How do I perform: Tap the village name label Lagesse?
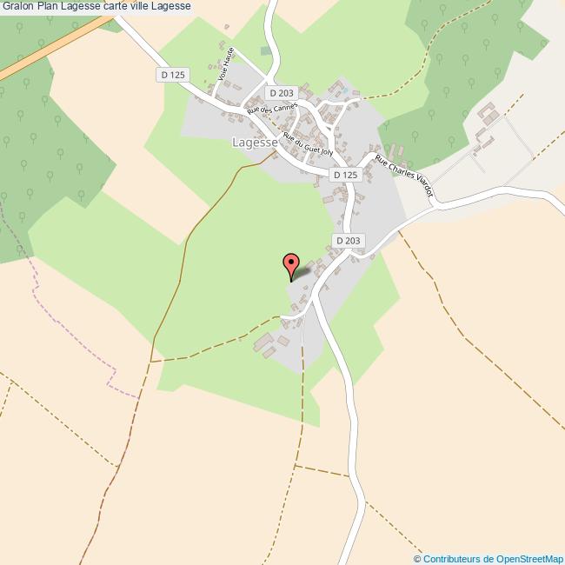pos(255,142)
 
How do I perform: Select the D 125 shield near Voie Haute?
pos(173,75)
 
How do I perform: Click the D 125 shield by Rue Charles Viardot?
pos(345,175)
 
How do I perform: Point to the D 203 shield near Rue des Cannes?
pos(282,92)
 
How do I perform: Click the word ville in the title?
pos(148,7)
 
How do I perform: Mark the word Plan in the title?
pos(48,7)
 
